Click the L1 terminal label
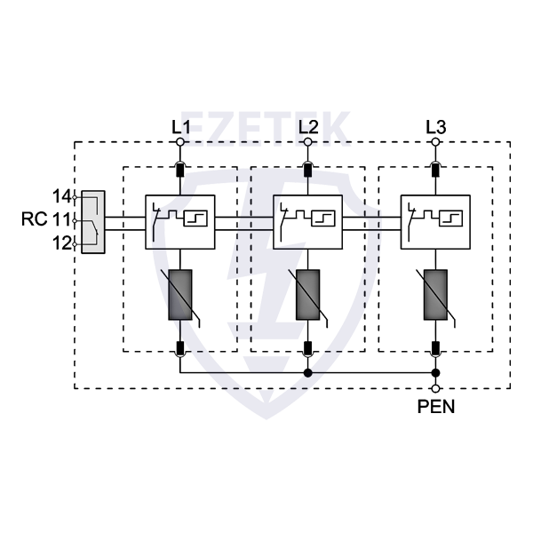tap(180, 126)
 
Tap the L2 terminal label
tap(308, 126)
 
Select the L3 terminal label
tap(435, 126)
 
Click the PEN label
tap(435, 409)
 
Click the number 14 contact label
tap(61, 195)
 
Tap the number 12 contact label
tap(61, 243)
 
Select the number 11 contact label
tap(61, 218)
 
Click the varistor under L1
tap(180, 295)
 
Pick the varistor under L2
tap(308, 295)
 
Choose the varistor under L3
tap(435, 295)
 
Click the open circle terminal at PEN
tap(435, 389)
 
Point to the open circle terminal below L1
tap(180, 142)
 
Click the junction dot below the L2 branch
tap(308, 373)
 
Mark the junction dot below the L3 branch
tap(435, 373)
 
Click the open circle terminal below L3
tap(435, 142)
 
